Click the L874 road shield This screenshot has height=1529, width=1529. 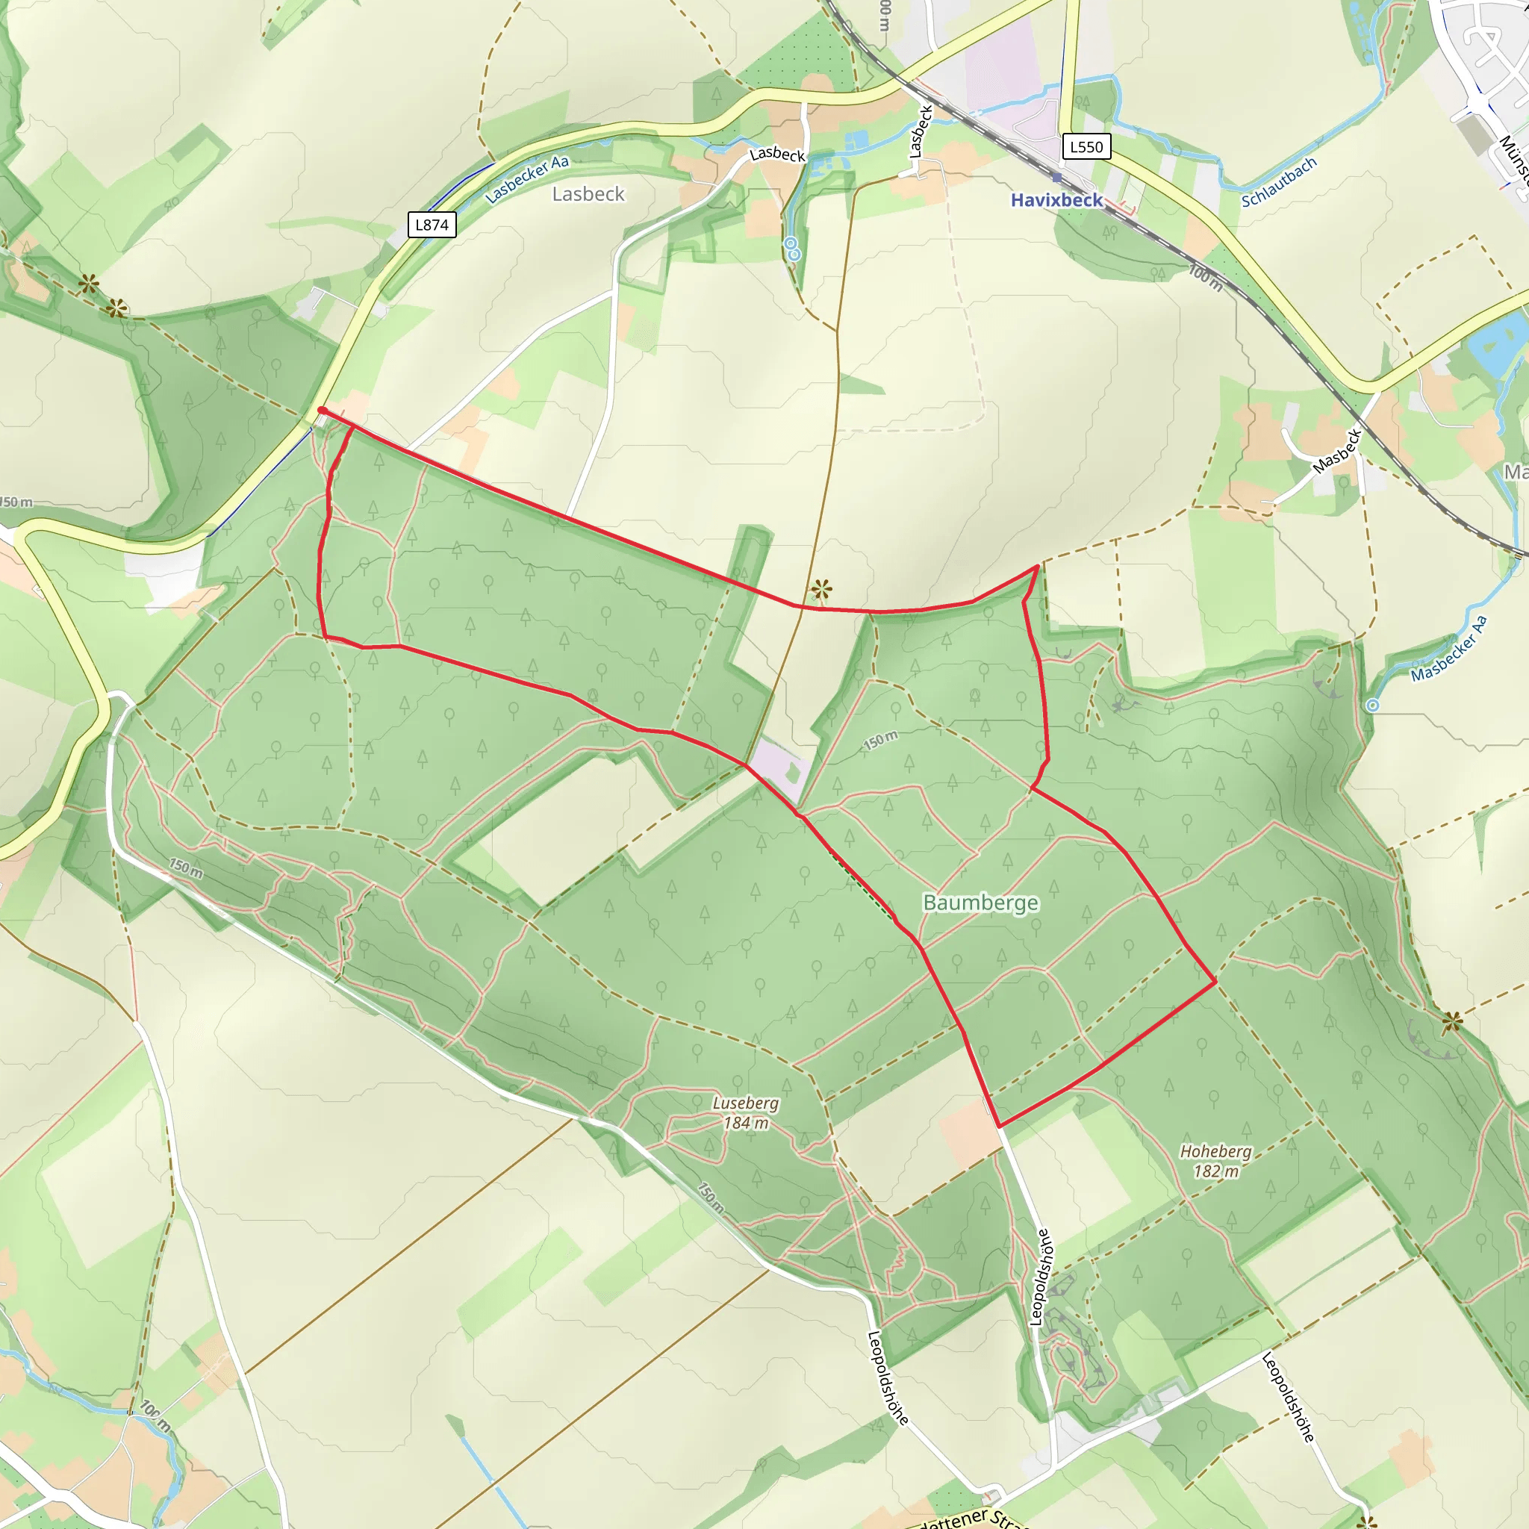click(x=432, y=225)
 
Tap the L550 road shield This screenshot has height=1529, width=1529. click(x=1086, y=146)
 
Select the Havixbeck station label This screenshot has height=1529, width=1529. click(x=1056, y=200)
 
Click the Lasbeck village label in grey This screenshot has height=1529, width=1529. click(x=588, y=194)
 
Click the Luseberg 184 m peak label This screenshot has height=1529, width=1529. click(x=746, y=1112)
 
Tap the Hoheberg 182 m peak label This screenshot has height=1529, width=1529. click(x=1215, y=1161)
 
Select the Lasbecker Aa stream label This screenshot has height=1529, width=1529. click(x=526, y=179)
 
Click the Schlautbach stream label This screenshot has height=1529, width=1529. click(x=1278, y=183)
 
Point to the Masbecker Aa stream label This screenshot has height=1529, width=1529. click(x=1449, y=648)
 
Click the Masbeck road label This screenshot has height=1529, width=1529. click(x=1336, y=451)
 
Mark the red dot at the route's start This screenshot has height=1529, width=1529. click(x=321, y=410)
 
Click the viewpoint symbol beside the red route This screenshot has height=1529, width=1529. click(x=821, y=589)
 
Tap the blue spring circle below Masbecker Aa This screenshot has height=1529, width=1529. click(x=1373, y=705)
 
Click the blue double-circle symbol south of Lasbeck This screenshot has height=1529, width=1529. click(x=792, y=249)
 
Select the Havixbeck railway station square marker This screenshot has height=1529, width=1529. click(x=1056, y=178)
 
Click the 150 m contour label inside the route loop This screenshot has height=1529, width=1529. click(x=880, y=741)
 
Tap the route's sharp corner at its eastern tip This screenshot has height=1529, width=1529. click(x=1215, y=981)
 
